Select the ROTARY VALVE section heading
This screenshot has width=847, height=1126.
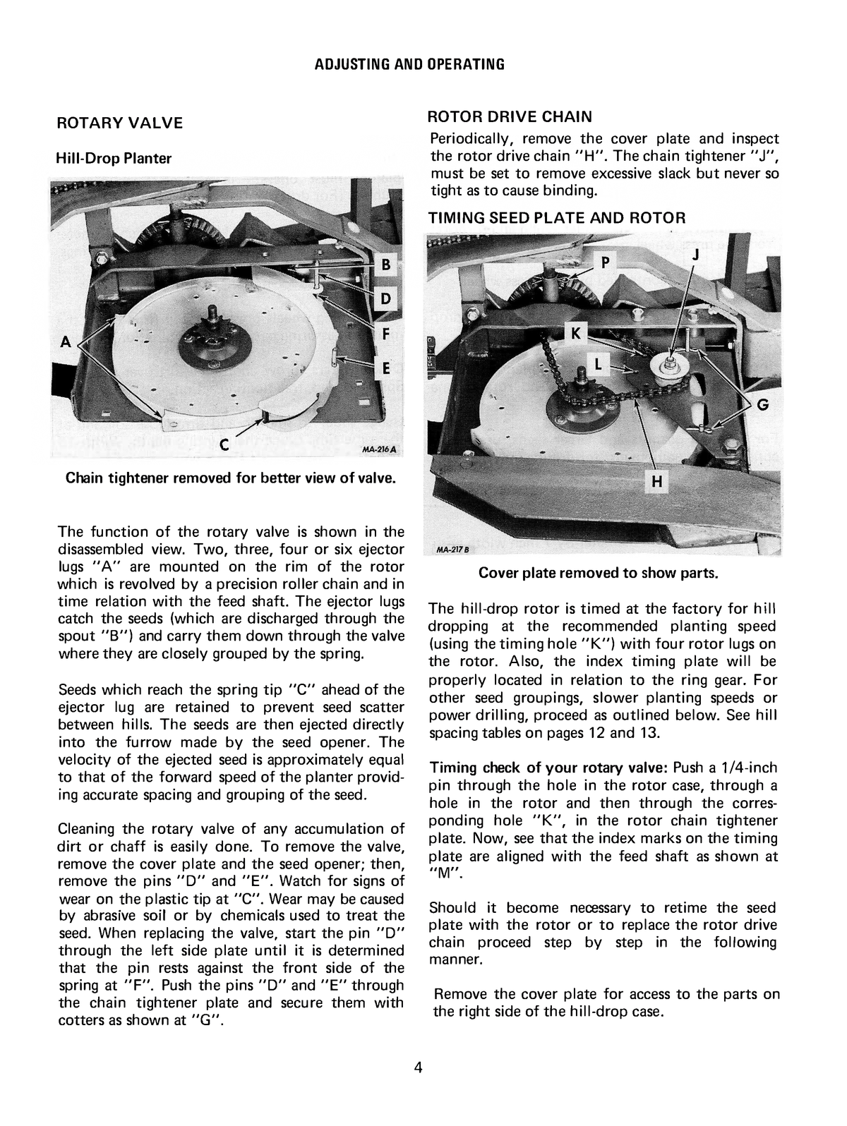119,123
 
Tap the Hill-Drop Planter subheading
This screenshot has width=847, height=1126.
113,158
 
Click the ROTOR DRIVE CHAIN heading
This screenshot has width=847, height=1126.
511,116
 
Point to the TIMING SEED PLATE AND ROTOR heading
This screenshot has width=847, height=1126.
558,217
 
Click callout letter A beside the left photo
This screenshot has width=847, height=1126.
66,341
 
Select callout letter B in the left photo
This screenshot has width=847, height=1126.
385,265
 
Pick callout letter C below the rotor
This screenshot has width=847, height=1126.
223,445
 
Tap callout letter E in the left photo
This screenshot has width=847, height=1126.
385,368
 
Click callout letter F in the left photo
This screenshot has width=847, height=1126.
385,334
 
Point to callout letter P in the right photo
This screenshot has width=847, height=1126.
604,263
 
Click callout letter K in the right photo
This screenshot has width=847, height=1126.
575,334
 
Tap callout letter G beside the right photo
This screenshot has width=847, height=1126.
762,405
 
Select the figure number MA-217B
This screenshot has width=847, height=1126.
448,550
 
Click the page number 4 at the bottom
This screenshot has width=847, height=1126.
419,1067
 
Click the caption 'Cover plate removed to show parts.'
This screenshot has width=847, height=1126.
599,572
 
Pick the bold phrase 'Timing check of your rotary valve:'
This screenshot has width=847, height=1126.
549,768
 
